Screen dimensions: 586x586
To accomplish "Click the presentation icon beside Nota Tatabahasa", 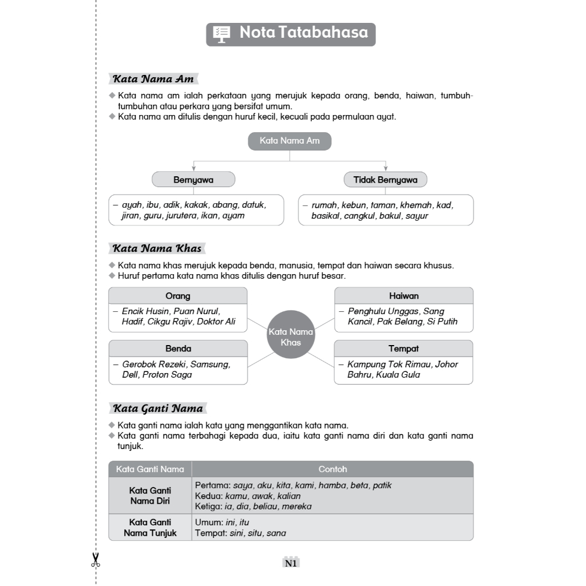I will coord(221,34).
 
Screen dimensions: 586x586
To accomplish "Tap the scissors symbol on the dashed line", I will coord(95,560).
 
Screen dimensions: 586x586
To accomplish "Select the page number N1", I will coord(291,563).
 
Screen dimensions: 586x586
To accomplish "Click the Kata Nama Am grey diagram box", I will coord(290,141).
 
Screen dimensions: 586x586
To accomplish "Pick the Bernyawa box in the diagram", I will coord(193,180).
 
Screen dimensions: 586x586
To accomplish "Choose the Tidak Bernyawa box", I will coord(385,180).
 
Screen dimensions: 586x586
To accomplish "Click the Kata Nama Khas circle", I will coord(291,336).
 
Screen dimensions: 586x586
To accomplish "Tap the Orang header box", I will coord(178,296).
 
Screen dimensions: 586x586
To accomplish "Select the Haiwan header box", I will coord(403,296).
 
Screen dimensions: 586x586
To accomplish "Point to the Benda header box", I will coord(178,349).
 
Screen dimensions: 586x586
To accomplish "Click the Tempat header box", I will coord(403,349).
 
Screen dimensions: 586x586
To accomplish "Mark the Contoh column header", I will coord(332,469).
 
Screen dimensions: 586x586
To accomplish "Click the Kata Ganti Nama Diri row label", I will coord(150,496).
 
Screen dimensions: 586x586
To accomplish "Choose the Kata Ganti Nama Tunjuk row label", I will coord(150,528).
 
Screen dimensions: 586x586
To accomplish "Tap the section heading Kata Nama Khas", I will coord(157,248).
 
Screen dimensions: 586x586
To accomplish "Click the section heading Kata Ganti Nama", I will coord(157,409).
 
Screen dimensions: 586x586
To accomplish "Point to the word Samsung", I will coord(210,364).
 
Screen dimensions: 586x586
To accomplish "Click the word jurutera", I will coord(183,216).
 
